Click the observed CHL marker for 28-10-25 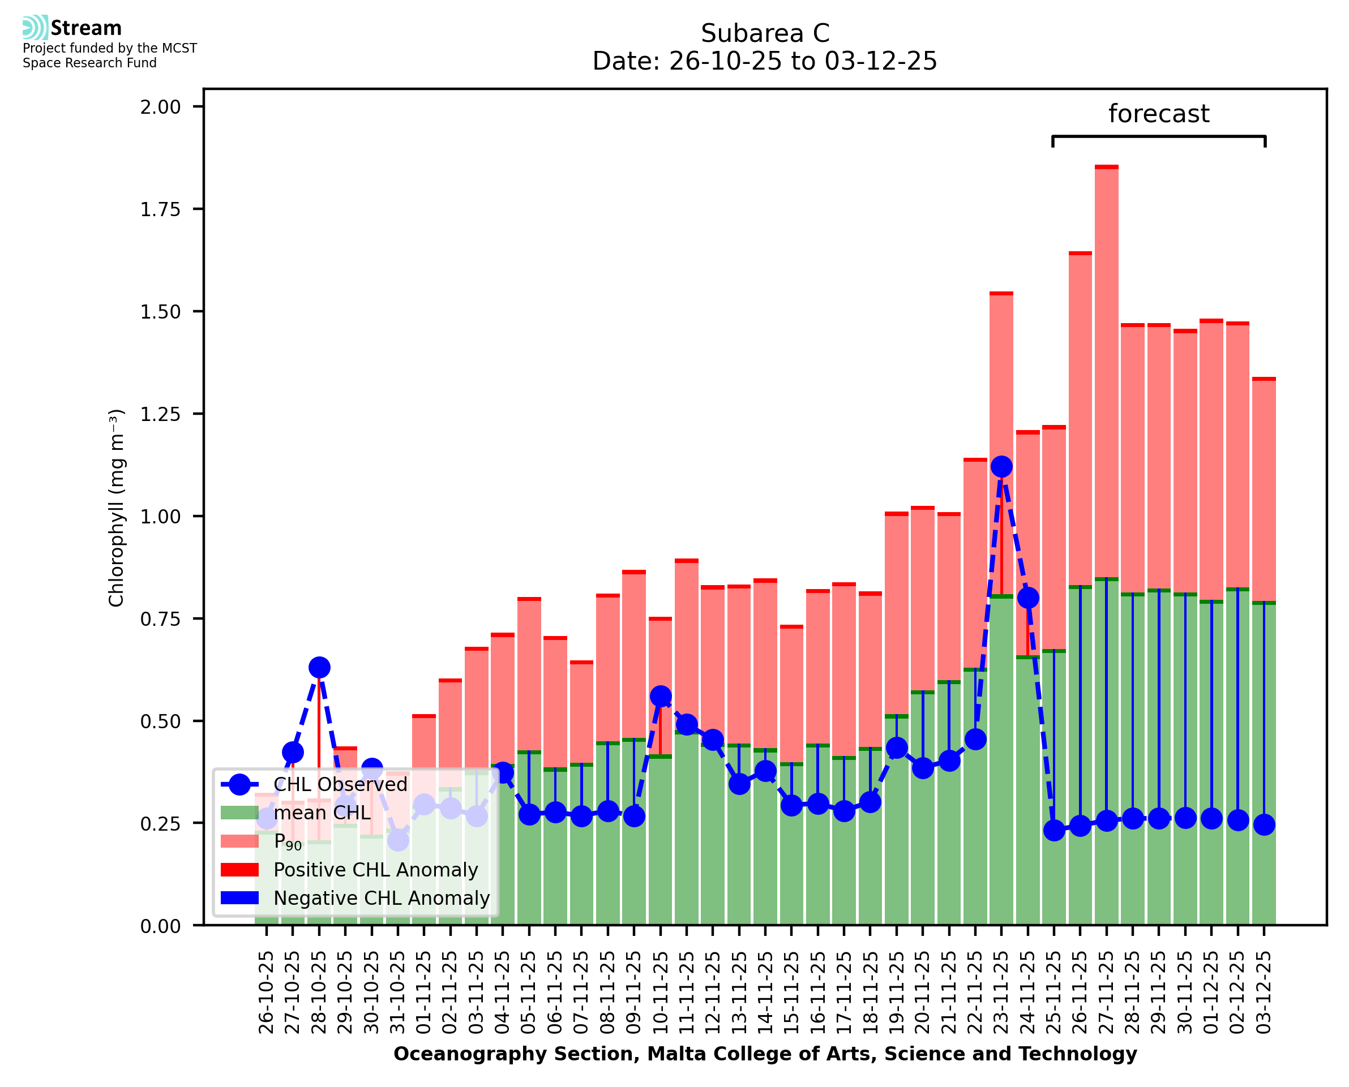click(x=319, y=668)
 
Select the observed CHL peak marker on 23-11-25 click(x=1001, y=466)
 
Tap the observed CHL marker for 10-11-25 click(x=661, y=697)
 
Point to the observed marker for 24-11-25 click(x=1027, y=598)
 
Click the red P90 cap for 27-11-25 click(x=1107, y=167)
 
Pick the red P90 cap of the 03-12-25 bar click(x=1264, y=379)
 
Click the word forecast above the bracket click(x=1159, y=114)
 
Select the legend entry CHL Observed click(x=340, y=785)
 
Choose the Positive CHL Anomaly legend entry click(x=375, y=870)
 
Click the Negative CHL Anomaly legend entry click(x=381, y=898)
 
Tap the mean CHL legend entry click(x=322, y=813)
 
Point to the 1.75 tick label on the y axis click(x=160, y=209)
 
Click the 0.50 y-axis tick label click(x=160, y=721)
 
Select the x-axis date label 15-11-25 click(x=791, y=993)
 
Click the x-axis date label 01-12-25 click(x=1211, y=993)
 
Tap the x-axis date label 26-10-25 click(x=266, y=993)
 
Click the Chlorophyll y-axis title click(x=117, y=508)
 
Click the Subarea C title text click(x=765, y=33)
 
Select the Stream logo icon click(x=35, y=28)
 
